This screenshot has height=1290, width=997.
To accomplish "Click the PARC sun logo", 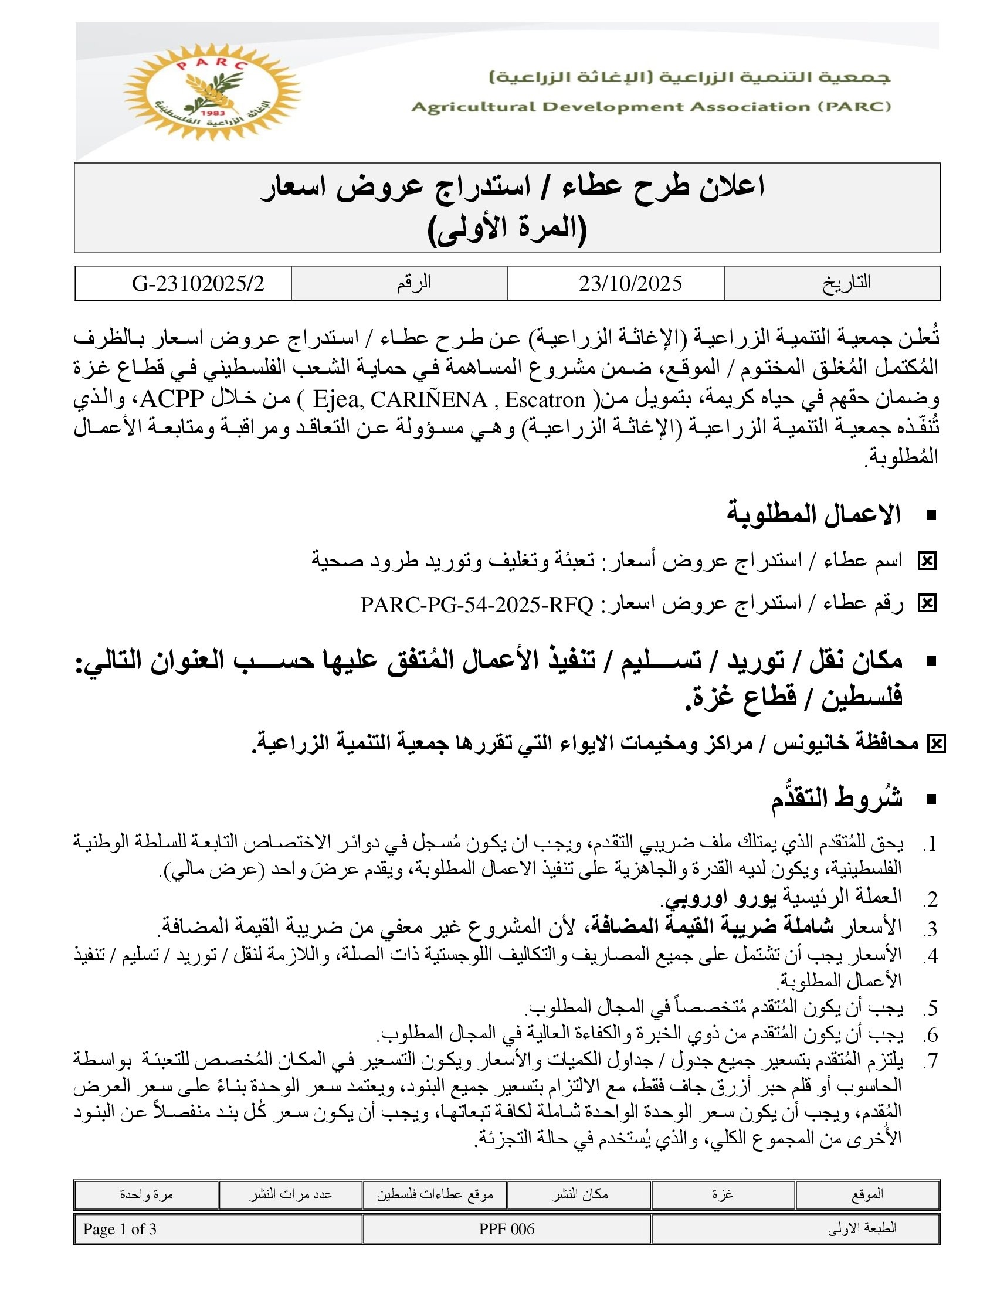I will tap(211, 91).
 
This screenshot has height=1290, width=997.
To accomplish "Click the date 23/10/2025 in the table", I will tap(630, 284).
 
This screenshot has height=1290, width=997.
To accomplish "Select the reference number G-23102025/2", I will tap(198, 284).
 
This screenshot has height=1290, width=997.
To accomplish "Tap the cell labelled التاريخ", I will tap(846, 283).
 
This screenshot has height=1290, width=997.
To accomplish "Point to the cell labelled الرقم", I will tap(413, 283).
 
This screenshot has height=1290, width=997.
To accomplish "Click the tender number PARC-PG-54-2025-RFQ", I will tap(477, 604).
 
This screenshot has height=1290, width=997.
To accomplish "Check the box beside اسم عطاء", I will tap(927, 561).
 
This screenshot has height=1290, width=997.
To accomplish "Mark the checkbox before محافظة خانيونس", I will tap(936, 744).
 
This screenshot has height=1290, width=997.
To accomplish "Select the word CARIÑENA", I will tap(429, 400).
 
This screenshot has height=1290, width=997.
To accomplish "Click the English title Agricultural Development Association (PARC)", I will tap(651, 107).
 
